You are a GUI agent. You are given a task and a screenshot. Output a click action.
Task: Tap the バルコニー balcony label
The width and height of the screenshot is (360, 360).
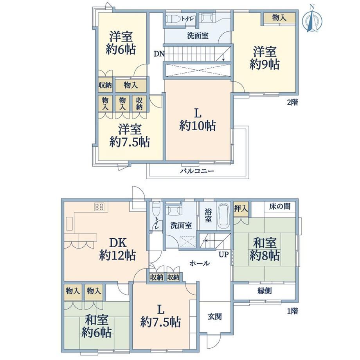point(197,171)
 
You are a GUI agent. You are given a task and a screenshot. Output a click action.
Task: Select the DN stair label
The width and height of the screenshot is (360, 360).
point(159,54)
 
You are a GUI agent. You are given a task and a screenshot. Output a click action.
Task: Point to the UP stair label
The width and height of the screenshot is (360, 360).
point(223,254)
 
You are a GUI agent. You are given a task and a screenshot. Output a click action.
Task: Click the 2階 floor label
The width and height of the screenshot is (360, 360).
point(292,102)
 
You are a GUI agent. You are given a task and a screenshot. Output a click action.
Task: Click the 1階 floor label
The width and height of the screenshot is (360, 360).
point(293,311)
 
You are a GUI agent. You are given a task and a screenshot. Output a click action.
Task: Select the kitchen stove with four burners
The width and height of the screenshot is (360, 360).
point(99,207)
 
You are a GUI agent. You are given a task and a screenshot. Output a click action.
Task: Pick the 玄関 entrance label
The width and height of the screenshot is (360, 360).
point(215,317)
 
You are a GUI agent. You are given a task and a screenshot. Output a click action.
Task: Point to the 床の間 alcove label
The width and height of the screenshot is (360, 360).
point(280,206)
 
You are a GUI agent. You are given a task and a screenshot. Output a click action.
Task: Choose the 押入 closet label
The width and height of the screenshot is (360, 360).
point(241,209)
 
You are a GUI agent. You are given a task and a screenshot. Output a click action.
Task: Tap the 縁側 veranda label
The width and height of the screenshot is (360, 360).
point(265,291)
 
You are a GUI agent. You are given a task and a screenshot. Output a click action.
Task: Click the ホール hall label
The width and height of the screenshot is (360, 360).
point(200,263)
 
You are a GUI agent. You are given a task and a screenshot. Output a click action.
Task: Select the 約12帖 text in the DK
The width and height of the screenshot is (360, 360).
point(117,255)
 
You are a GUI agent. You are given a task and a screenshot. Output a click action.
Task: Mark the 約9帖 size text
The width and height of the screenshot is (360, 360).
point(265,65)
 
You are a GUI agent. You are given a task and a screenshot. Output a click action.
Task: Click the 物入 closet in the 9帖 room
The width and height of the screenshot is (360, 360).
point(279,18)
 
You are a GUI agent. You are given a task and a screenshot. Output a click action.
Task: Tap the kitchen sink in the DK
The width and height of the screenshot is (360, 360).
point(70,223)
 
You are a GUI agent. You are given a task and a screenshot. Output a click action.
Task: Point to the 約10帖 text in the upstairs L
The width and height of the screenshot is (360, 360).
point(198,126)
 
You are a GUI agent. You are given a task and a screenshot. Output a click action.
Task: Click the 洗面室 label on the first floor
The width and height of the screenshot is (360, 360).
point(181,225)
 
